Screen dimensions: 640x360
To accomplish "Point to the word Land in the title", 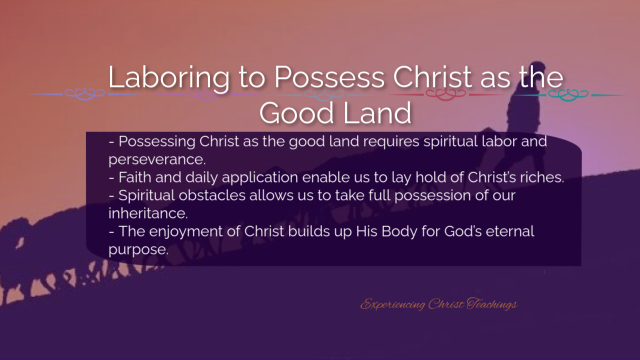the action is (377, 112).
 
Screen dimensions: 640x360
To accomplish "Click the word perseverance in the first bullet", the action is (157, 159).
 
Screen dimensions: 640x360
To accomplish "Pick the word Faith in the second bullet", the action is (135, 177).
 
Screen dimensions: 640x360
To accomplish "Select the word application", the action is (260, 177).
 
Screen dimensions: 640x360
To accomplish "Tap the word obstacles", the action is (212, 195).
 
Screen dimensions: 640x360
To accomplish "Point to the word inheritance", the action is (148, 213).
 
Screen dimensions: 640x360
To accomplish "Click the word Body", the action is (399, 231).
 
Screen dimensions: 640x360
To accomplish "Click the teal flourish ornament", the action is (568, 95).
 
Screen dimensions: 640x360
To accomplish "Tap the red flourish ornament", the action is (446, 94).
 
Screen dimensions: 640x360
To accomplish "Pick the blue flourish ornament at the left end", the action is (85, 94).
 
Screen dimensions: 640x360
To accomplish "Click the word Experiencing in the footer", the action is (392, 304).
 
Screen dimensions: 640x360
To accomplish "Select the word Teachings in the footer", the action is (492, 304).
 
